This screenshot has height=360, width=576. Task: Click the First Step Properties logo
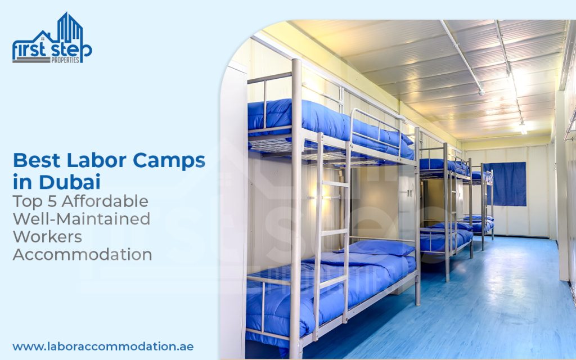pos(52,38)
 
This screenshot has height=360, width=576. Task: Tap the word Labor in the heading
pos(96,160)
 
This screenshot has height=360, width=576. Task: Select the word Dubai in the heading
pos(69,182)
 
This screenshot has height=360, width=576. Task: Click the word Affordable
pos(105,201)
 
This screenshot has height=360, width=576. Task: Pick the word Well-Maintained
pos(82,219)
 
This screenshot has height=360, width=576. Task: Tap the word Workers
pos(47,237)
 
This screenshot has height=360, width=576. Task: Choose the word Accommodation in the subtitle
pos(82,254)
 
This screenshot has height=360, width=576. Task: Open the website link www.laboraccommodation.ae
pos(103,346)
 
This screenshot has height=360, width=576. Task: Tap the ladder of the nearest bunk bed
pos(332,235)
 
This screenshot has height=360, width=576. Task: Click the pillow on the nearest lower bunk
pos(380,247)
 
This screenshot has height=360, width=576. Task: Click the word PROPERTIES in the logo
pos(65,60)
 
